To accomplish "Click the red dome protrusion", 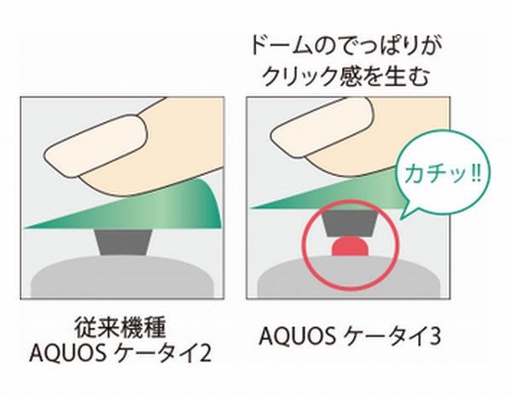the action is [x=350, y=247].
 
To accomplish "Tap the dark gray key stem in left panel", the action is [x=124, y=242].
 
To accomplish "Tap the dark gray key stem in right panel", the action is [x=350, y=223].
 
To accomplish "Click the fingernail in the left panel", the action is [x=96, y=143].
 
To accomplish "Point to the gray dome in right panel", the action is [x=349, y=277].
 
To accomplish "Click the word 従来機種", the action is [x=120, y=327].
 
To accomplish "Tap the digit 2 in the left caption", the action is [x=206, y=353].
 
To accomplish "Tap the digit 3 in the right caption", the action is [x=434, y=336].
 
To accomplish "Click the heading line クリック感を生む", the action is [x=346, y=76].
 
